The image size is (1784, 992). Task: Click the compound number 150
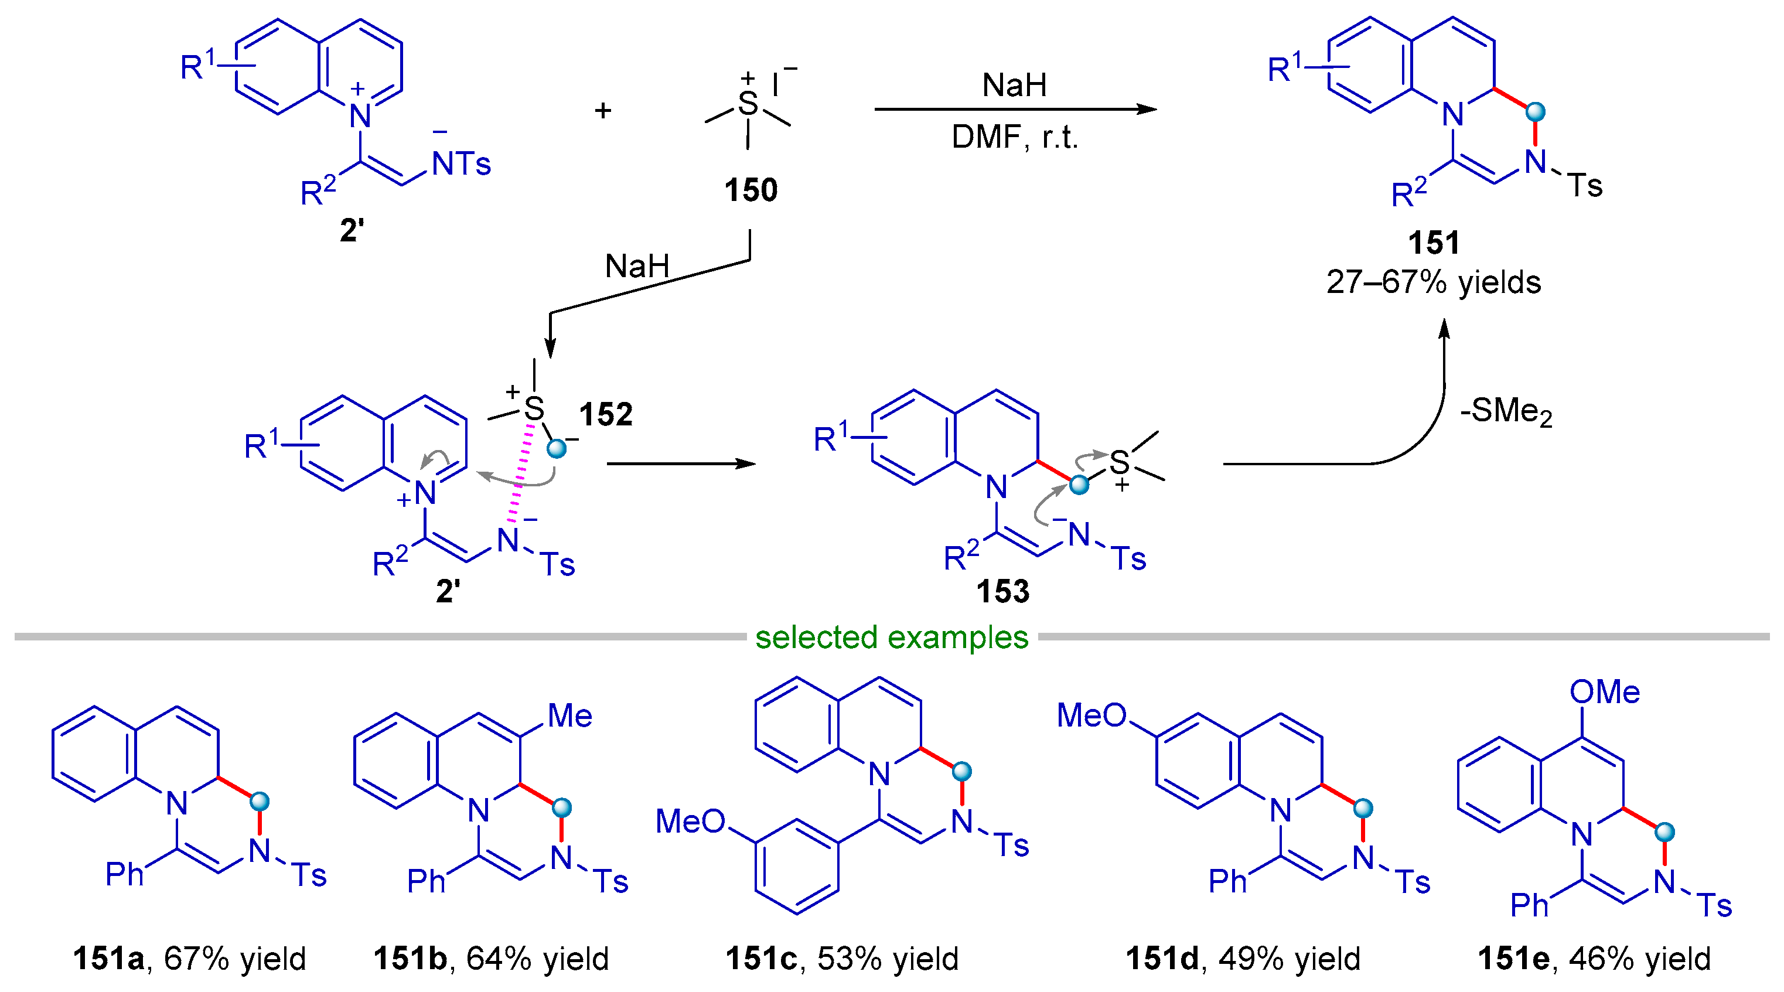(x=751, y=190)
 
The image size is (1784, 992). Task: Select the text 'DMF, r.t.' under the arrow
(x=1015, y=137)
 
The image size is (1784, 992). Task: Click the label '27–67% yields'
(x=1434, y=282)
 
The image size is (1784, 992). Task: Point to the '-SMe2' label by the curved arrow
(x=1506, y=411)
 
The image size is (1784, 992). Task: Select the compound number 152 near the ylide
(x=606, y=414)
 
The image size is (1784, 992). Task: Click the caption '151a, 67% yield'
(x=189, y=959)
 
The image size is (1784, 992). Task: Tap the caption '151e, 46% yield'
(x=1594, y=959)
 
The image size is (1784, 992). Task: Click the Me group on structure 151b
(x=569, y=715)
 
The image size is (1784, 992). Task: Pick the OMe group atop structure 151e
(x=1604, y=692)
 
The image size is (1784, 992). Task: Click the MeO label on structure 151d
(x=1091, y=715)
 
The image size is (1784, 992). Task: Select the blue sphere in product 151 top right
(x=1536, y=111)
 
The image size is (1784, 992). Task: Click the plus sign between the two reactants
(x=602, y=110)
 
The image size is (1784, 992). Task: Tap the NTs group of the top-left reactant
(x=461, y=164)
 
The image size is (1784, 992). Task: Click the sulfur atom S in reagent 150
(x=748, y=104)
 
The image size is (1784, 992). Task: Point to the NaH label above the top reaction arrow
(x=1015, y=85)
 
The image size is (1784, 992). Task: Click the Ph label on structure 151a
(x=125, y=874)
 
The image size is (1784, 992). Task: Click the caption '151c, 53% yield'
(x=841, y=959)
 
